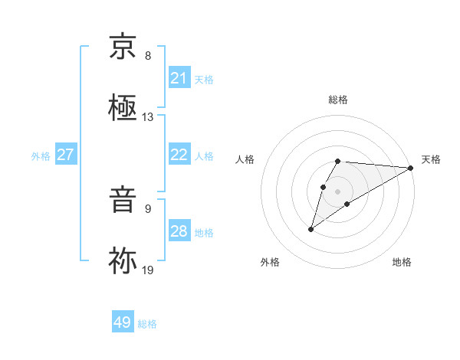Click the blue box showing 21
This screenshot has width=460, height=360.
click(179, 78)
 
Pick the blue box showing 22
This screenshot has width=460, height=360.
click(179, 155)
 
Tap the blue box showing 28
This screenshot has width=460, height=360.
click(179, 231)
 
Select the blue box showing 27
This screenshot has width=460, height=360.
click(66, 155)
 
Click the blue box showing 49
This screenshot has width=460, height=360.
click(123, 322)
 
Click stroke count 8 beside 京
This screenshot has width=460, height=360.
click(148, 56)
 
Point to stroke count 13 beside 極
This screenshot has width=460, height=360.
click(147, 117)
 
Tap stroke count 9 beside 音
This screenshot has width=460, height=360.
click(148, 208)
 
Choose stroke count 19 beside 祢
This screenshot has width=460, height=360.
click(147, 269)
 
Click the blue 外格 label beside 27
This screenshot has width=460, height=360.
click(41, 155)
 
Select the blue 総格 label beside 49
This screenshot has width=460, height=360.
click(147, 324)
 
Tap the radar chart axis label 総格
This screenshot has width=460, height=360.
click(338, 100)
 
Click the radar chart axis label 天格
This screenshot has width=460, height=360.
click(431, 159)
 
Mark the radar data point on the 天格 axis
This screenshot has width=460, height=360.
click(410, 167)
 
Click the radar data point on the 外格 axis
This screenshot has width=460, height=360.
click(310, 228)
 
